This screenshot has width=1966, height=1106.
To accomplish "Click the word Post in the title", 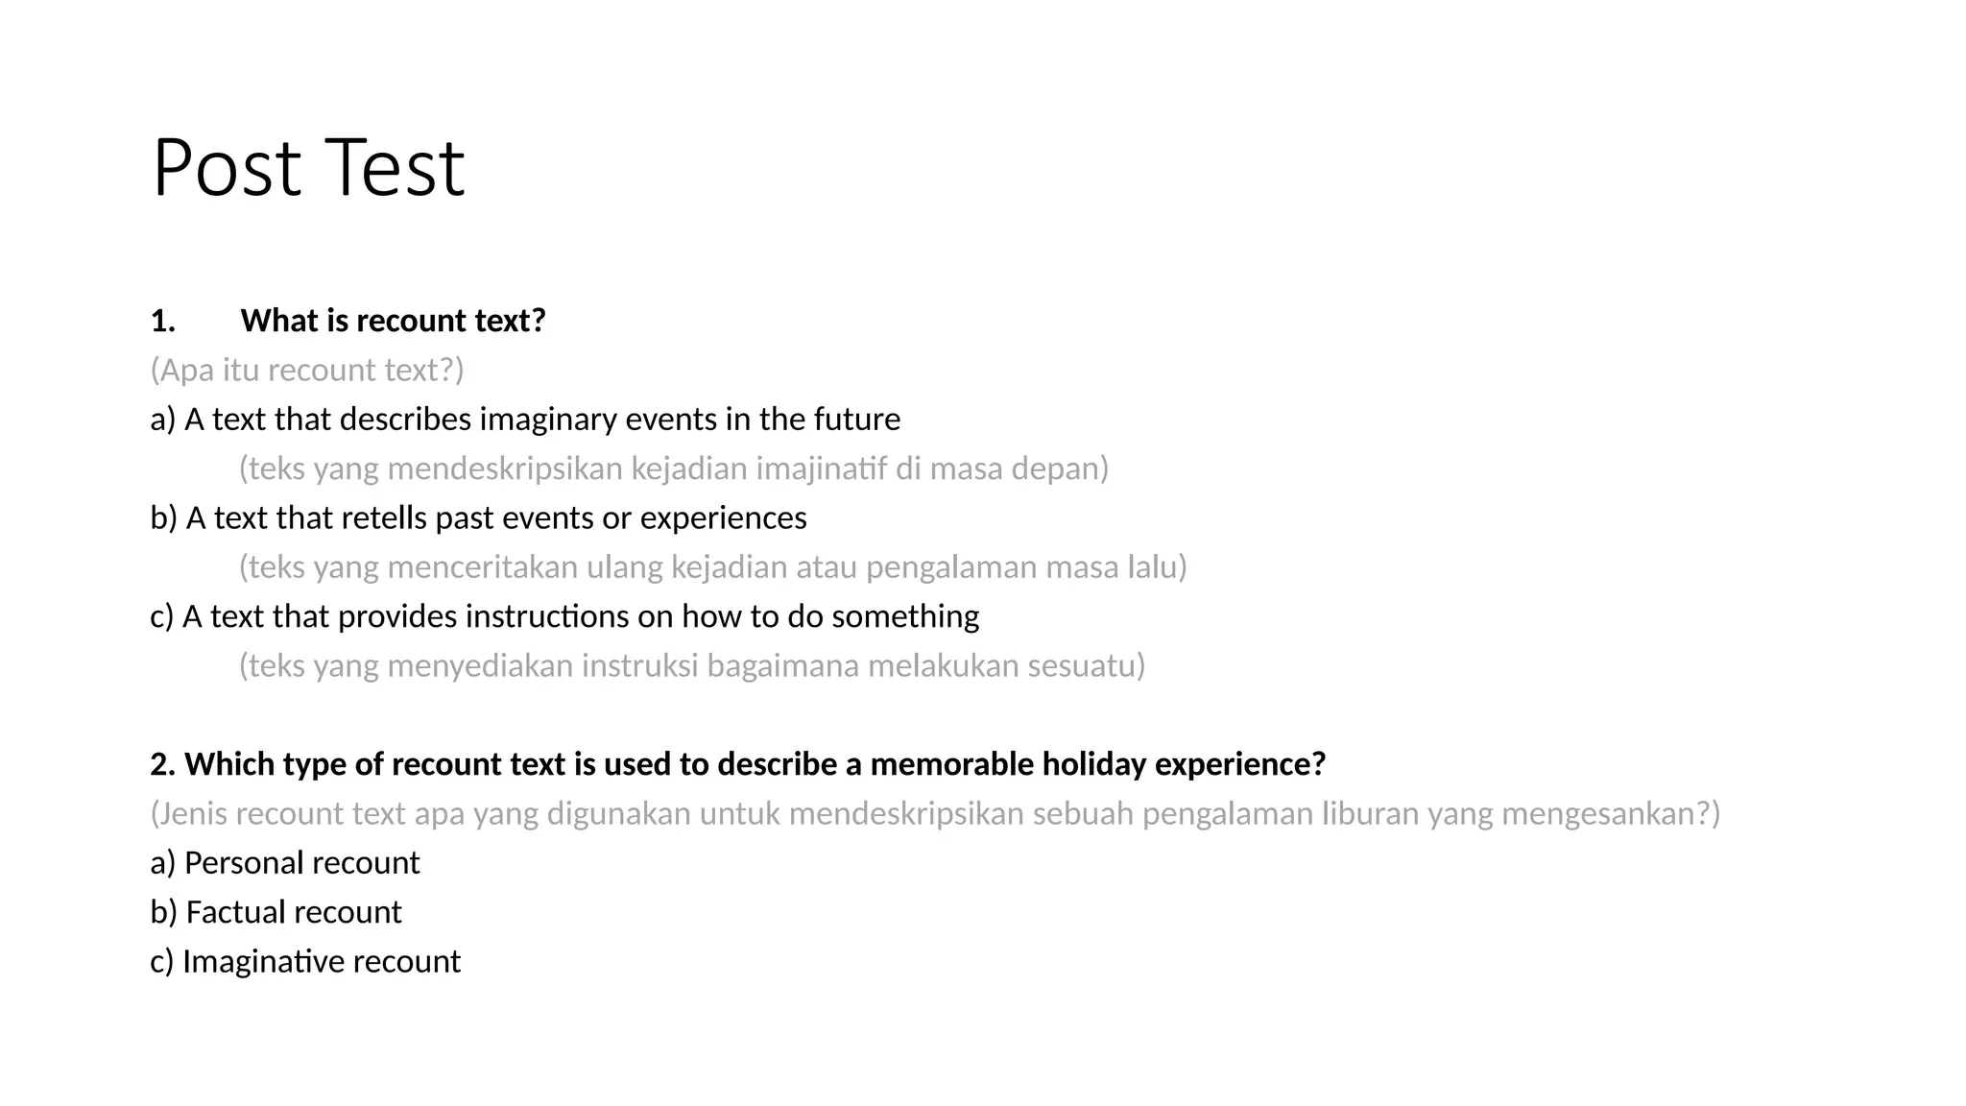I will point(227,168).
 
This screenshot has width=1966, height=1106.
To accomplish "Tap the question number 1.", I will point(162,321).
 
